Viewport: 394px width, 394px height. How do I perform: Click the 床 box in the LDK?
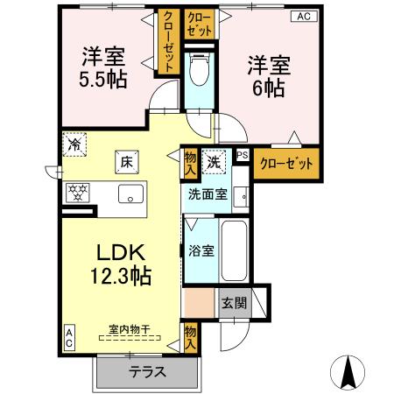(126, 162)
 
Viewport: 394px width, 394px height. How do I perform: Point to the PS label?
(243, 156)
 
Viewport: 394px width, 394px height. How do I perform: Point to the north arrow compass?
(348, 372)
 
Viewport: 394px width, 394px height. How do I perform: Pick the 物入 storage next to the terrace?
(190, 336)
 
